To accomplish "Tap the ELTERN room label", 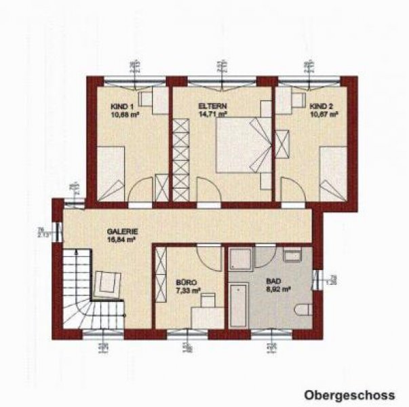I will tap(212, 106).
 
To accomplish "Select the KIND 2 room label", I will tap(322, 106).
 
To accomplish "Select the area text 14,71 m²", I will tap(212, 115).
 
